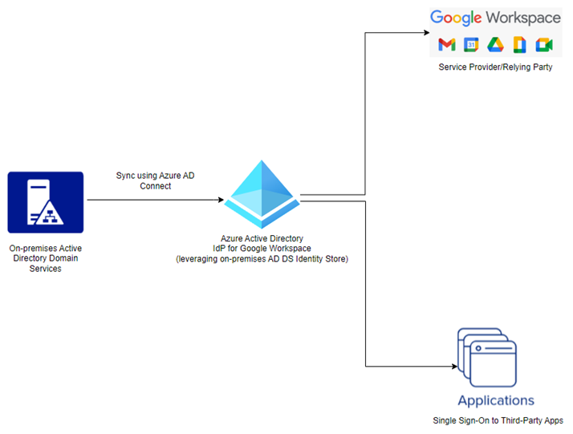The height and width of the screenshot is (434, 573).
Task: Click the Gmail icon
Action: tap(446, 45)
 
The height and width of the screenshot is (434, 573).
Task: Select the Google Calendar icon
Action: tap(471, 45)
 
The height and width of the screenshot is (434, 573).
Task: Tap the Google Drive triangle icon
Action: tap(495, 45)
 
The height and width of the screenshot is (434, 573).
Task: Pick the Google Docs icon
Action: tap(519, 45)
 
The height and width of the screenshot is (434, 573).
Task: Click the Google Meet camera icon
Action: tap(544, 45)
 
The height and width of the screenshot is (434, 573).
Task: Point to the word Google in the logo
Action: tap(456, 18)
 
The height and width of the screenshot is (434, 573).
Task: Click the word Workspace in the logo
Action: tap(523, 18)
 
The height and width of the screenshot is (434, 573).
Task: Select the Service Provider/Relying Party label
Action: tap(495, 67)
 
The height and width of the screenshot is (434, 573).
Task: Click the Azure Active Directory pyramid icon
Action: tap(262, 194)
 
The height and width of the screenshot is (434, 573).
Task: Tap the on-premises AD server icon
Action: tap(46, 202)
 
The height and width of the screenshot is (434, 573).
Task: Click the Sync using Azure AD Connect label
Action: tap(156, 180)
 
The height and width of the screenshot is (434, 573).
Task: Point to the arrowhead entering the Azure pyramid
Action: tap(221, 200)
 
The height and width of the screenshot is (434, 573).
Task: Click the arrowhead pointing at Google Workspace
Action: tap(426, 33)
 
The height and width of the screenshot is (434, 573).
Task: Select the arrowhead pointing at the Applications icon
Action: tap(454, 366)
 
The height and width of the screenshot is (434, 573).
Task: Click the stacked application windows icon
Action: tap(487, 357)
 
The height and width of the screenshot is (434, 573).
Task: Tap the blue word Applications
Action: tap(496, 401)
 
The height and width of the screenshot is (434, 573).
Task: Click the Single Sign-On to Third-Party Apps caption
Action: tap(498, 420)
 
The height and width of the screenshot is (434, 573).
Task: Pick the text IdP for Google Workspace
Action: tap(262, 249)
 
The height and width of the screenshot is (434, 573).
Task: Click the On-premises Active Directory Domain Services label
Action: tap(45, 258)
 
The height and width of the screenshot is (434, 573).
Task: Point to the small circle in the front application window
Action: tap(478, 348)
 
